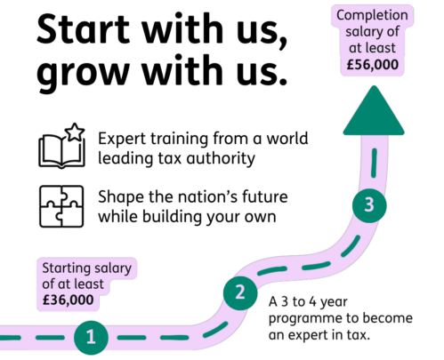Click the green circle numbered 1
(x=91, y=338)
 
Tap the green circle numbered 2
(x=240, y=293)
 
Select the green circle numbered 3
(x=369, y=205)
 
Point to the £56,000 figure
(x=373, y=65)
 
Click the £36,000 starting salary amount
(x=68, y=300)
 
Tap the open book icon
(x=61, y=151)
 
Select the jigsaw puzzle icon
(x=61, y=206)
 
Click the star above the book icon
(x=75, y=132)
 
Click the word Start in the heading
(x=83, y=28)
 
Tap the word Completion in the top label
(x=372, y=15)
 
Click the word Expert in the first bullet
(x=122, y=140)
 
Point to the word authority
(x=221, y=158)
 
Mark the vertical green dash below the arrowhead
(x=374, y=164)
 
